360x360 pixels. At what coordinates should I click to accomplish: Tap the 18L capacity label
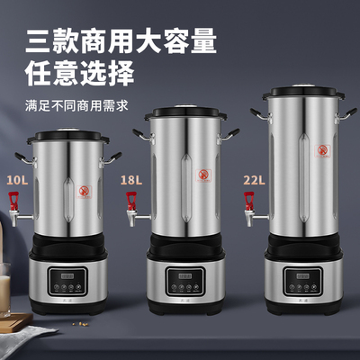click(x=131, y=180)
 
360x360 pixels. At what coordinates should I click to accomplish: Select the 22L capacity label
click(x=253, y=179)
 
